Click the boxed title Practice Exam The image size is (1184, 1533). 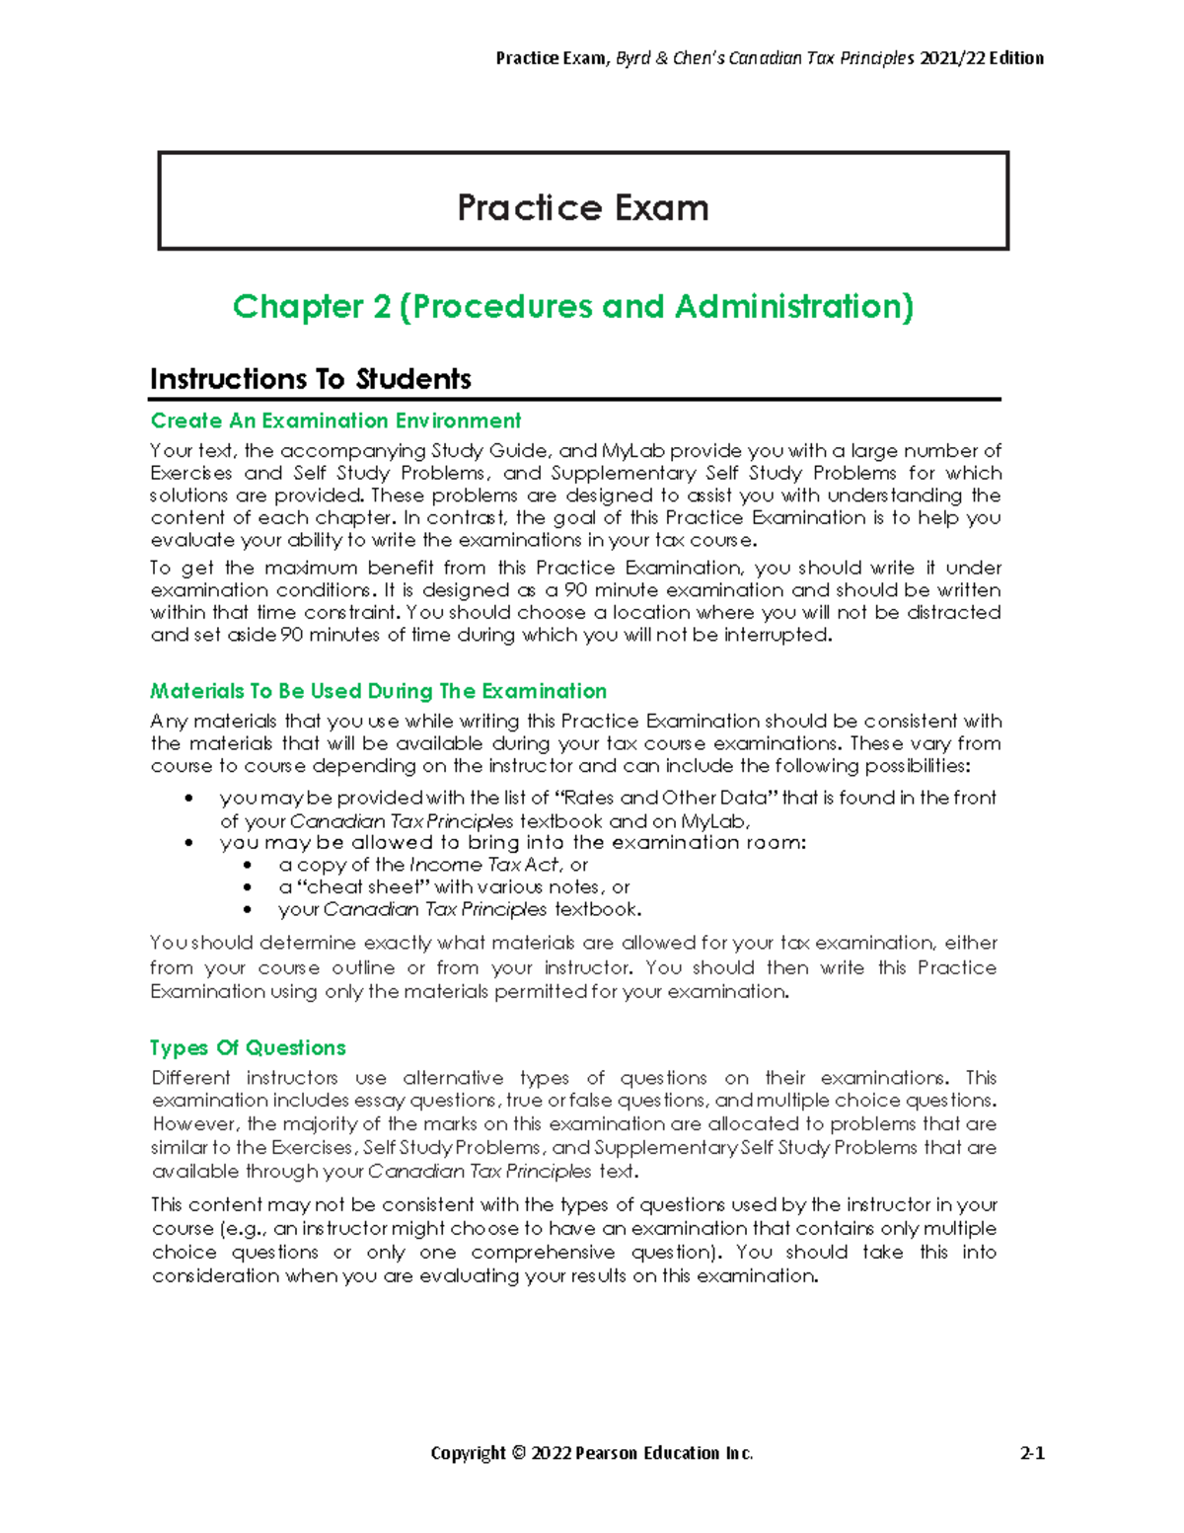pyautogui.click(x=582, y=207)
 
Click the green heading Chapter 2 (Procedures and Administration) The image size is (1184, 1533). pyautogui.click(x=573, y=307)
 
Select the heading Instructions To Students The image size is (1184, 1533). pyautogui.click(x=310, y=379)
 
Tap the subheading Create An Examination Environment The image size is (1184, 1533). pyautogui.click(x=335, y=421)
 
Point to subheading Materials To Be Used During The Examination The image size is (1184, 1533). pyautogui.click(x=378, y=691)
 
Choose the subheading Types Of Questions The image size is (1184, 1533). pyautogui.click(x=248, y=1047)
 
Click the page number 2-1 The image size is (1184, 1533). pyautogui.click(x=1032, y=1453)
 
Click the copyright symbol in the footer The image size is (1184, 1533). pyautogui.click(x=518, y=1453)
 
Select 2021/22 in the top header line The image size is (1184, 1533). pyautogui.click(x=951, y=58)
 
